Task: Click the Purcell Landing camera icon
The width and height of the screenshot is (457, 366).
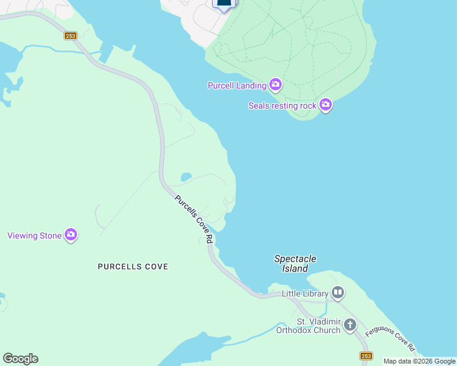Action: pos(276,85)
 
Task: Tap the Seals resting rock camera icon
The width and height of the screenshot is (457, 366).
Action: pos(326,105)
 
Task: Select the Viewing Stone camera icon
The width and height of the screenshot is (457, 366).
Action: pos(71,234)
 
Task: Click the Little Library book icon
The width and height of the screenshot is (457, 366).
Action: pos(338,293)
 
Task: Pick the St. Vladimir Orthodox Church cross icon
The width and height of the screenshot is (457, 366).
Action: pos(350,325)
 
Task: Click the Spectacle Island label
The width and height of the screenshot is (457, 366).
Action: pos(295,264)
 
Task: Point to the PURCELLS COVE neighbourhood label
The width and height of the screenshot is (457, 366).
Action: pos(133,267)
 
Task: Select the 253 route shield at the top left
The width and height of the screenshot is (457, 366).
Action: pos(70,36)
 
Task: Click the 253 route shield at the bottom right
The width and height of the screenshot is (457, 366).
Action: pos(366,356)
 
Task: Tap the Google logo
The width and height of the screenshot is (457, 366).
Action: pos(20,359)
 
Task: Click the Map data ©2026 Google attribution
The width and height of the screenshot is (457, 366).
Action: pos(419,361)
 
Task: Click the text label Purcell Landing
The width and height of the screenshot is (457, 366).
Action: pos(237,86)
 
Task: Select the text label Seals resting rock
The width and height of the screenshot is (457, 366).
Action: pos(282,106)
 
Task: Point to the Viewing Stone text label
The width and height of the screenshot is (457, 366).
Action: pos(34,235)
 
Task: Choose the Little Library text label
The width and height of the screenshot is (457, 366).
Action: pos(305,293)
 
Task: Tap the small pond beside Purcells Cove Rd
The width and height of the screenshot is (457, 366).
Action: pos(186,177)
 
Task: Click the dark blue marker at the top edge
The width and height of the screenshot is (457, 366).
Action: pos(224,4)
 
